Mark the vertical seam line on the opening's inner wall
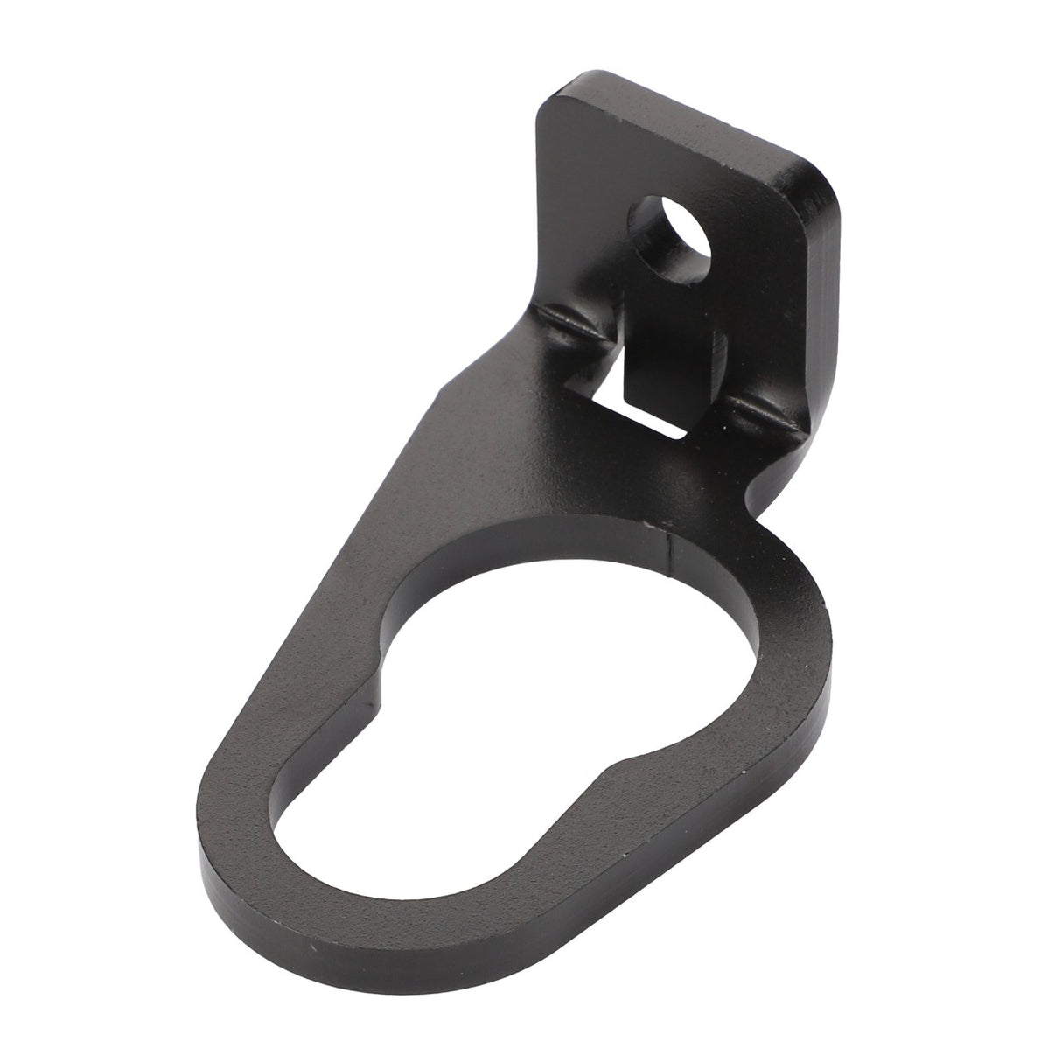coord(671,553)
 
